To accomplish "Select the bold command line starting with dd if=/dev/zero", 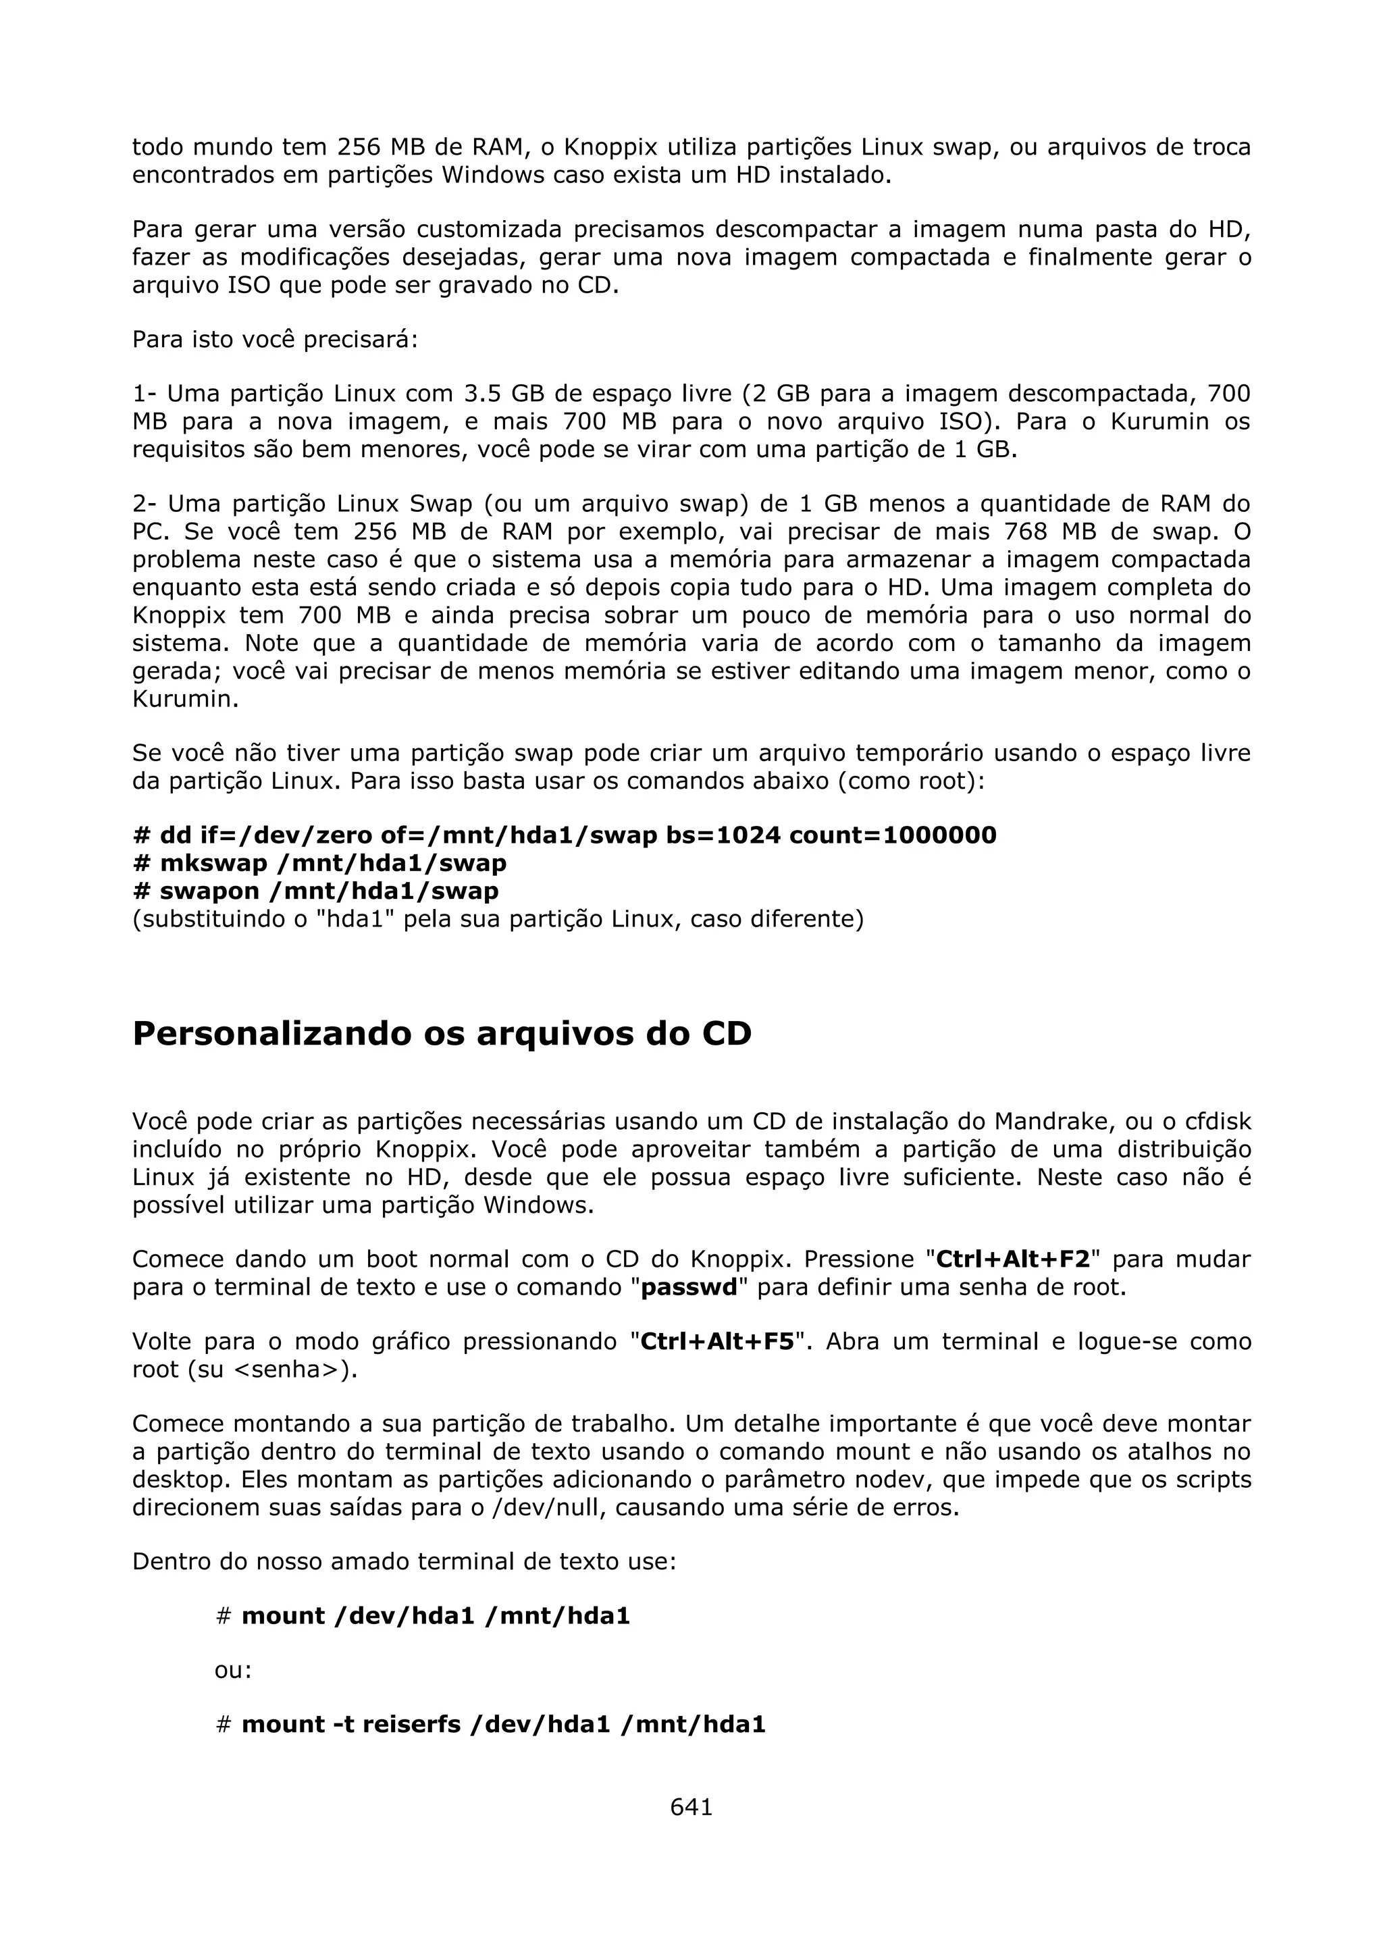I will (564, 835).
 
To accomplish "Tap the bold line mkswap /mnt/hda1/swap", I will (319, 864).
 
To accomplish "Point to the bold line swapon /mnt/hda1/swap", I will (315, 891).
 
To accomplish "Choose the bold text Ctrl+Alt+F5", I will (716, 1342).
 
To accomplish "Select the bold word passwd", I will (689, 1287).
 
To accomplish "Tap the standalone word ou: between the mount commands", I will (232, 1670).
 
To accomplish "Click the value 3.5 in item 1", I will (483, 394).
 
